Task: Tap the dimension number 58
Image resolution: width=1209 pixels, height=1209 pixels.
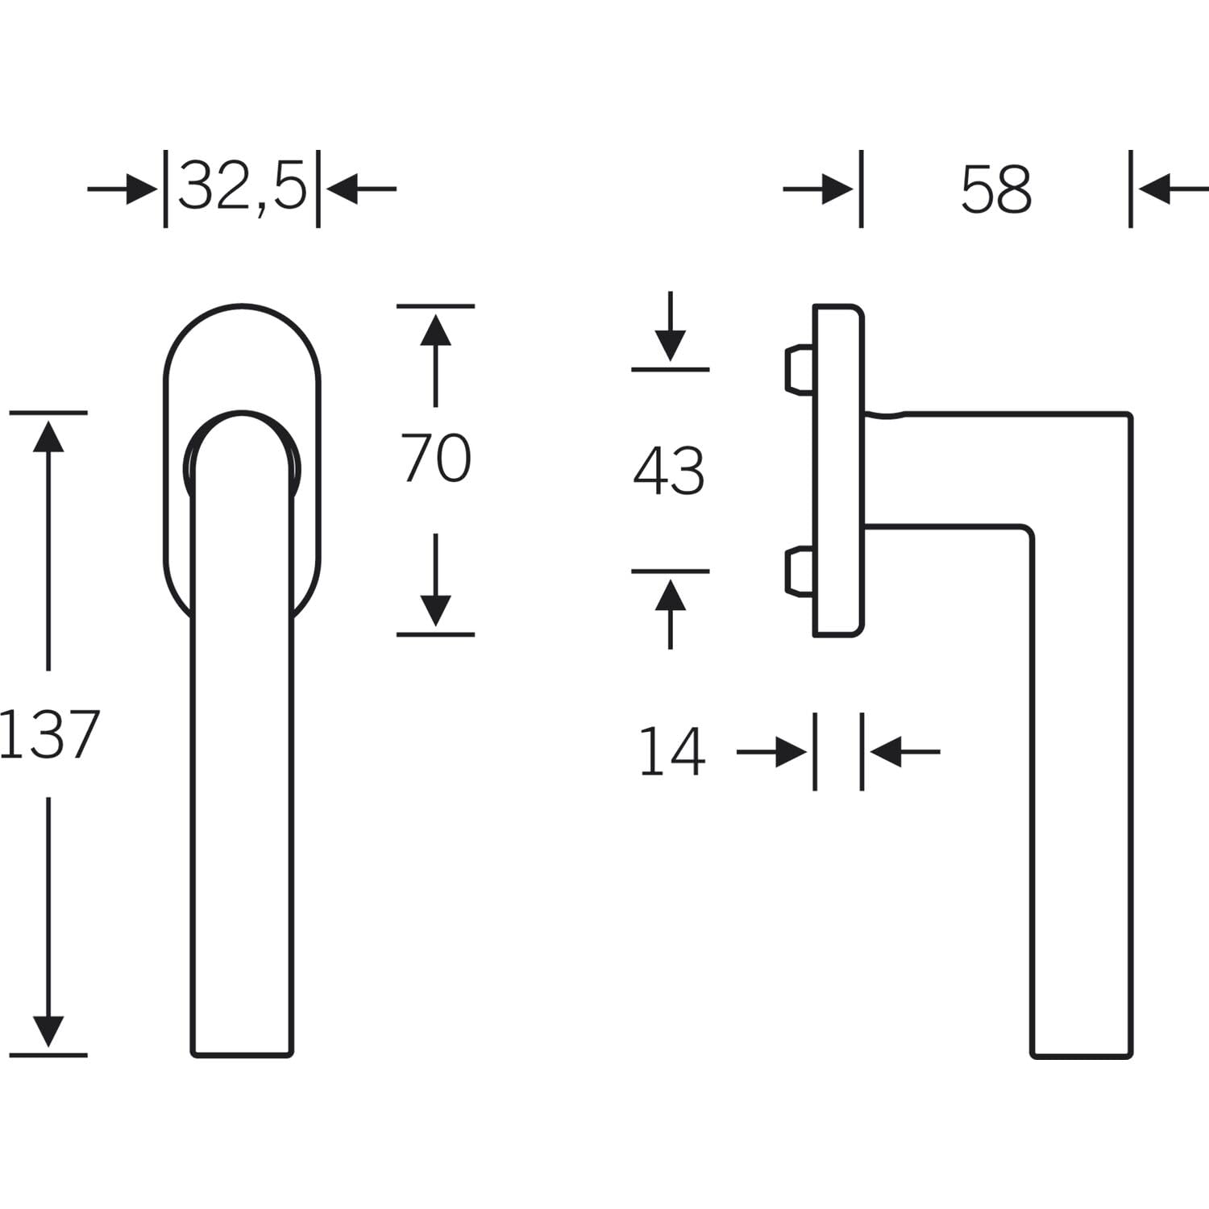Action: point(996,189)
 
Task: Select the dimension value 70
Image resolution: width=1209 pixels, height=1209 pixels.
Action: point(436,458)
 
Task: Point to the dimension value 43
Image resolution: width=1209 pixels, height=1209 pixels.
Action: point(669,471)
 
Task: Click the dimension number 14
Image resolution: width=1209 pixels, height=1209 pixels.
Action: point(672,751)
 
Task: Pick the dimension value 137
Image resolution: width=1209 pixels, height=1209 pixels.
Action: point(48,734)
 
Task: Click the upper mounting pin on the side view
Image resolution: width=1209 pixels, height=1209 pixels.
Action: point(799,369)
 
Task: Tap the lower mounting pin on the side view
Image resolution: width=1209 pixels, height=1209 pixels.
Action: point(799,571)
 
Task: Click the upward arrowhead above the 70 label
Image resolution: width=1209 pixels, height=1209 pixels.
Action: point(435,330)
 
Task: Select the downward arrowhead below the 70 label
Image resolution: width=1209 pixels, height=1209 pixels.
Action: point(435,610)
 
